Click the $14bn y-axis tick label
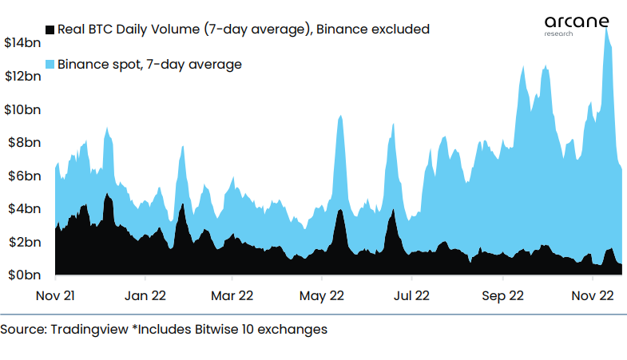tap(22, 42)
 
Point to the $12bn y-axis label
tap(22, 76)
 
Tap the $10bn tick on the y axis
tap(22, 109)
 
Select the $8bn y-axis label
tap(22, 143)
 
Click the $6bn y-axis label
tap(22, 176)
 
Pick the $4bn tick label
tap(22, 209)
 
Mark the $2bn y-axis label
tap(22, 243)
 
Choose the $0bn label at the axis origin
tap(22, 275)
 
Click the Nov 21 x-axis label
tap(56, 295)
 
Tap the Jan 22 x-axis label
tap(145, 295)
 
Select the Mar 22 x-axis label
tap(232, 295)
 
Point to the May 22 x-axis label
tap(321, 295)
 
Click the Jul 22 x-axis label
tap(411, 295)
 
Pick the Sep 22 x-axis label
tap(502, 295)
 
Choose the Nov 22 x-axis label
tap(592, 295)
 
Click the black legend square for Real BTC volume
tap(50, 30)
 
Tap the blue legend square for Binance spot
tap(50, 64)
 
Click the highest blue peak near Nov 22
tap(607, 30)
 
